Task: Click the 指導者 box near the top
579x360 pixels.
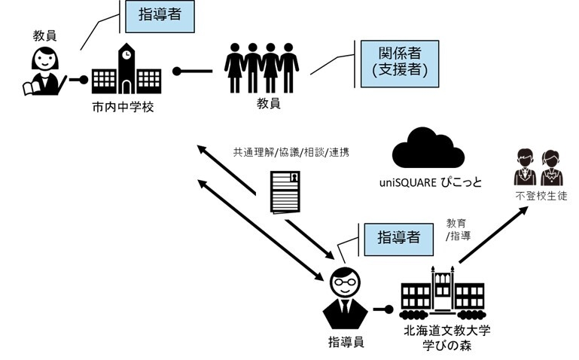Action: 159,16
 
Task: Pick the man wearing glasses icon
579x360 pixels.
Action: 346,295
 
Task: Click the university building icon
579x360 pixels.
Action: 442,294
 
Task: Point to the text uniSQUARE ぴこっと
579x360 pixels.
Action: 431,183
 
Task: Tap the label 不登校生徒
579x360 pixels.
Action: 538,196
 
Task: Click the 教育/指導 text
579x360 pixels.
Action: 456,229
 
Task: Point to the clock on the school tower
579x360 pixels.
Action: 126,54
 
